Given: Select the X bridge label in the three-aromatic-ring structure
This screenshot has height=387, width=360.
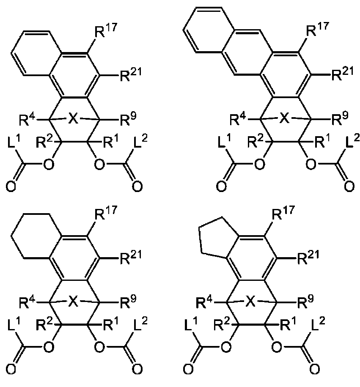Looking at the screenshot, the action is [284, 118].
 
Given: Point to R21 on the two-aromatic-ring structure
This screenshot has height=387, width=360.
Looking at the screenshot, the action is [131, 74].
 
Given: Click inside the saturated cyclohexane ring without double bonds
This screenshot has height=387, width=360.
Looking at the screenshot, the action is [36, 236].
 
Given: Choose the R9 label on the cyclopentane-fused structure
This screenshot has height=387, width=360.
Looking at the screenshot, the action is [305, 301].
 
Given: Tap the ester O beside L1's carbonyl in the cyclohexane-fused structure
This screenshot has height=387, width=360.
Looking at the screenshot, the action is [49, 346].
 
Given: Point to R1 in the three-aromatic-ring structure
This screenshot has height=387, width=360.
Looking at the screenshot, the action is [322, 141].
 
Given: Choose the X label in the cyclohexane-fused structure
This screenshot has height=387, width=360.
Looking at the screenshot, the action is [73, 301].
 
